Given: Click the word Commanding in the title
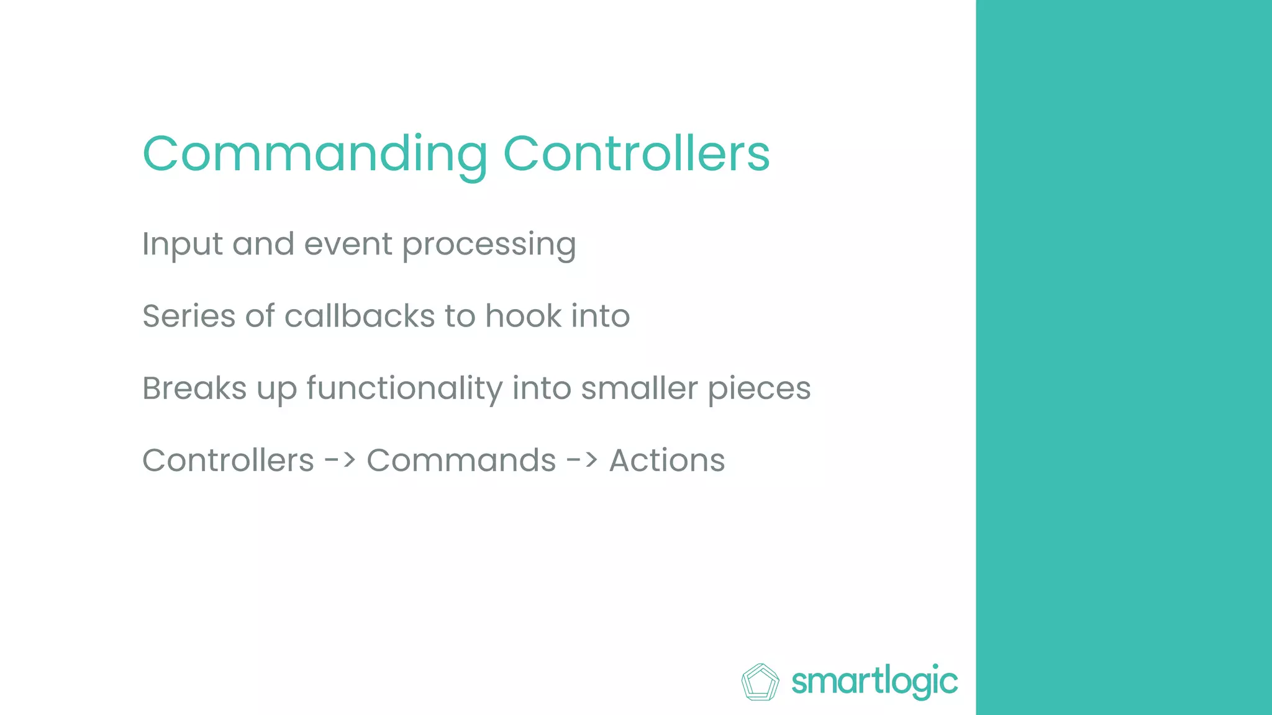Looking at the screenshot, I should click(315, 154).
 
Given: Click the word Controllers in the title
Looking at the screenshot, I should click(636, 154).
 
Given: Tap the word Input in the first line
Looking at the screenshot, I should click(182, 244).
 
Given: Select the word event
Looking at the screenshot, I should click(348, 244).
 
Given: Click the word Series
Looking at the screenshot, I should click(189, 316).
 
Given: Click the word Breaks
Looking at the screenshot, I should click(194, 389).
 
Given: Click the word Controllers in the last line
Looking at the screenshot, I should click(228, 461).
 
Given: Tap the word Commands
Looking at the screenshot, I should click(461, 461).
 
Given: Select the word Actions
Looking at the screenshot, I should click(666, 461).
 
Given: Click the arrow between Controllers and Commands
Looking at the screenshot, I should click(340, 461).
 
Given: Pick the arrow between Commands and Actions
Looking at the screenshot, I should click(583, 461).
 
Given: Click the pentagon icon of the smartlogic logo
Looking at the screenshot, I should click(760, 682).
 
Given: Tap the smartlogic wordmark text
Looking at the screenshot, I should click(874, 682).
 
